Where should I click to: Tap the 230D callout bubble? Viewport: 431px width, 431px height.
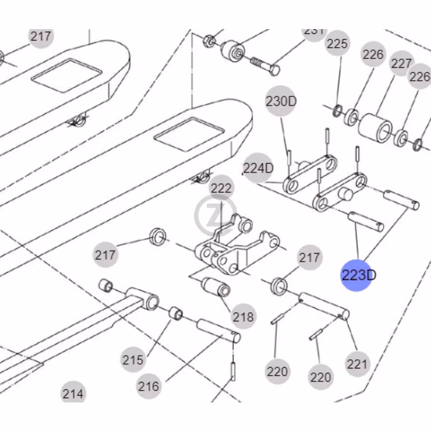point(281,101)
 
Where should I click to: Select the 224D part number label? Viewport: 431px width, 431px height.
point(259,169)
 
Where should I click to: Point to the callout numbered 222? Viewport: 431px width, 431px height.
point(221,189)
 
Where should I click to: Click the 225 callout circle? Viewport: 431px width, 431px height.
point(338,44)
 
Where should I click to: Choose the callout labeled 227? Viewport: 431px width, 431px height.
point(401,64)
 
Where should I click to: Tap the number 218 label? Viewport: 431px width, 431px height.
point(243,317)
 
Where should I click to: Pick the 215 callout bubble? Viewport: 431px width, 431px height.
point(133,360)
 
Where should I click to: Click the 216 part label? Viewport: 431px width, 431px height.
point(148,386)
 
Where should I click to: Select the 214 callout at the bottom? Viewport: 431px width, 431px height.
point(73,394)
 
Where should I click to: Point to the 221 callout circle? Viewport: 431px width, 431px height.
point(357,365)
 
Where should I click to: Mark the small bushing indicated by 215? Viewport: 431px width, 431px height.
point(176,314)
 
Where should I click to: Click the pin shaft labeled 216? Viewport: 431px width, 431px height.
point(218,330)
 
